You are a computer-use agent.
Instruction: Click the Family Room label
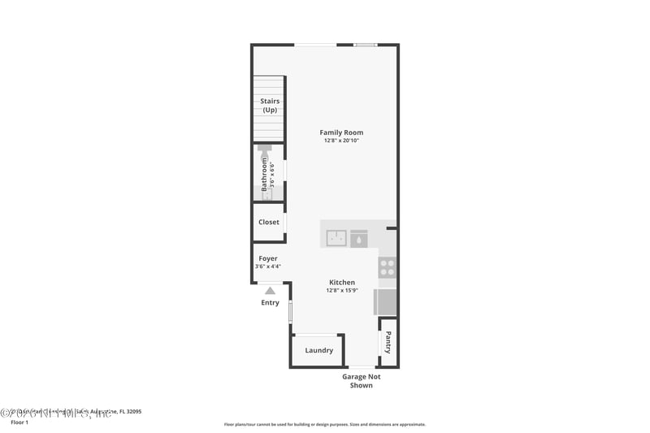[341, 132]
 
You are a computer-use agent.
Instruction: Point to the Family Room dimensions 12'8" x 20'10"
[341, 141]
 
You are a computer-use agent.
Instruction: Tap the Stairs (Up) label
[270, 106]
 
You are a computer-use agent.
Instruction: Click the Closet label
[269, 222]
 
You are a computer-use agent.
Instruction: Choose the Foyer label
[268, 258]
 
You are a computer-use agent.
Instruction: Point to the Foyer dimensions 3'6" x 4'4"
[268, 266]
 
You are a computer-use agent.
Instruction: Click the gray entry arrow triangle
[270, 289]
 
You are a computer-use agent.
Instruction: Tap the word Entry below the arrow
[270, 303]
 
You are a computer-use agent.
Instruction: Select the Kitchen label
[341, 282]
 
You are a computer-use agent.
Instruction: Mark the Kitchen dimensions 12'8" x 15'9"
[341, 290]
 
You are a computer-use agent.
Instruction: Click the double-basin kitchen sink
[337, 238]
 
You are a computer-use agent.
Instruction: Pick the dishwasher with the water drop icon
[359, 238]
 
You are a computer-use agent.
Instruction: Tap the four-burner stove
[388, 267]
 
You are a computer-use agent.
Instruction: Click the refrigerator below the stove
[385, 302]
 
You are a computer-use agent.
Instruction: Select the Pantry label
[388, 342]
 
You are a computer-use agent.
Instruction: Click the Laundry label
[318, 350]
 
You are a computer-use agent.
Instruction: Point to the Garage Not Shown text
[362, 381]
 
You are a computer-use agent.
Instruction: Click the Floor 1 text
[19, 422]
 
